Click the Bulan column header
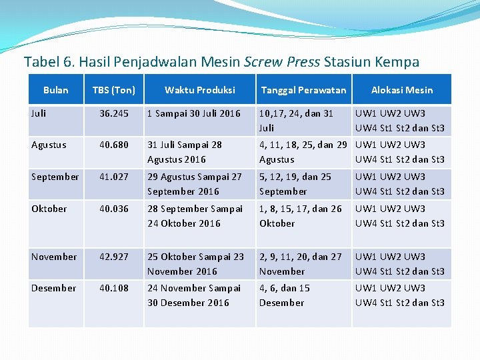click(55, 90)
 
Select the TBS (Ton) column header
click(113, 90)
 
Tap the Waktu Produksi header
click(199, 90)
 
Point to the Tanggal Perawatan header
click(303, 90)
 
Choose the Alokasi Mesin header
click(401, 90)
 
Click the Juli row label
click(39, 113)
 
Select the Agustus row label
click(49, 145)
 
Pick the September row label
click(55, 177)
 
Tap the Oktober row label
click(49, 209)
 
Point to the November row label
click(53, 257)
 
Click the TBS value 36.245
click(114, 113)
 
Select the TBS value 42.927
click(114, 257)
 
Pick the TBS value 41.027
click(114, 177)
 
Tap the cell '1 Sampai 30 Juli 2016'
click(194, 113)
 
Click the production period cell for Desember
click(194, 295)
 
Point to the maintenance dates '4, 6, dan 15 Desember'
click(285, 295)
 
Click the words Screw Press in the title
click(283, 63)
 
